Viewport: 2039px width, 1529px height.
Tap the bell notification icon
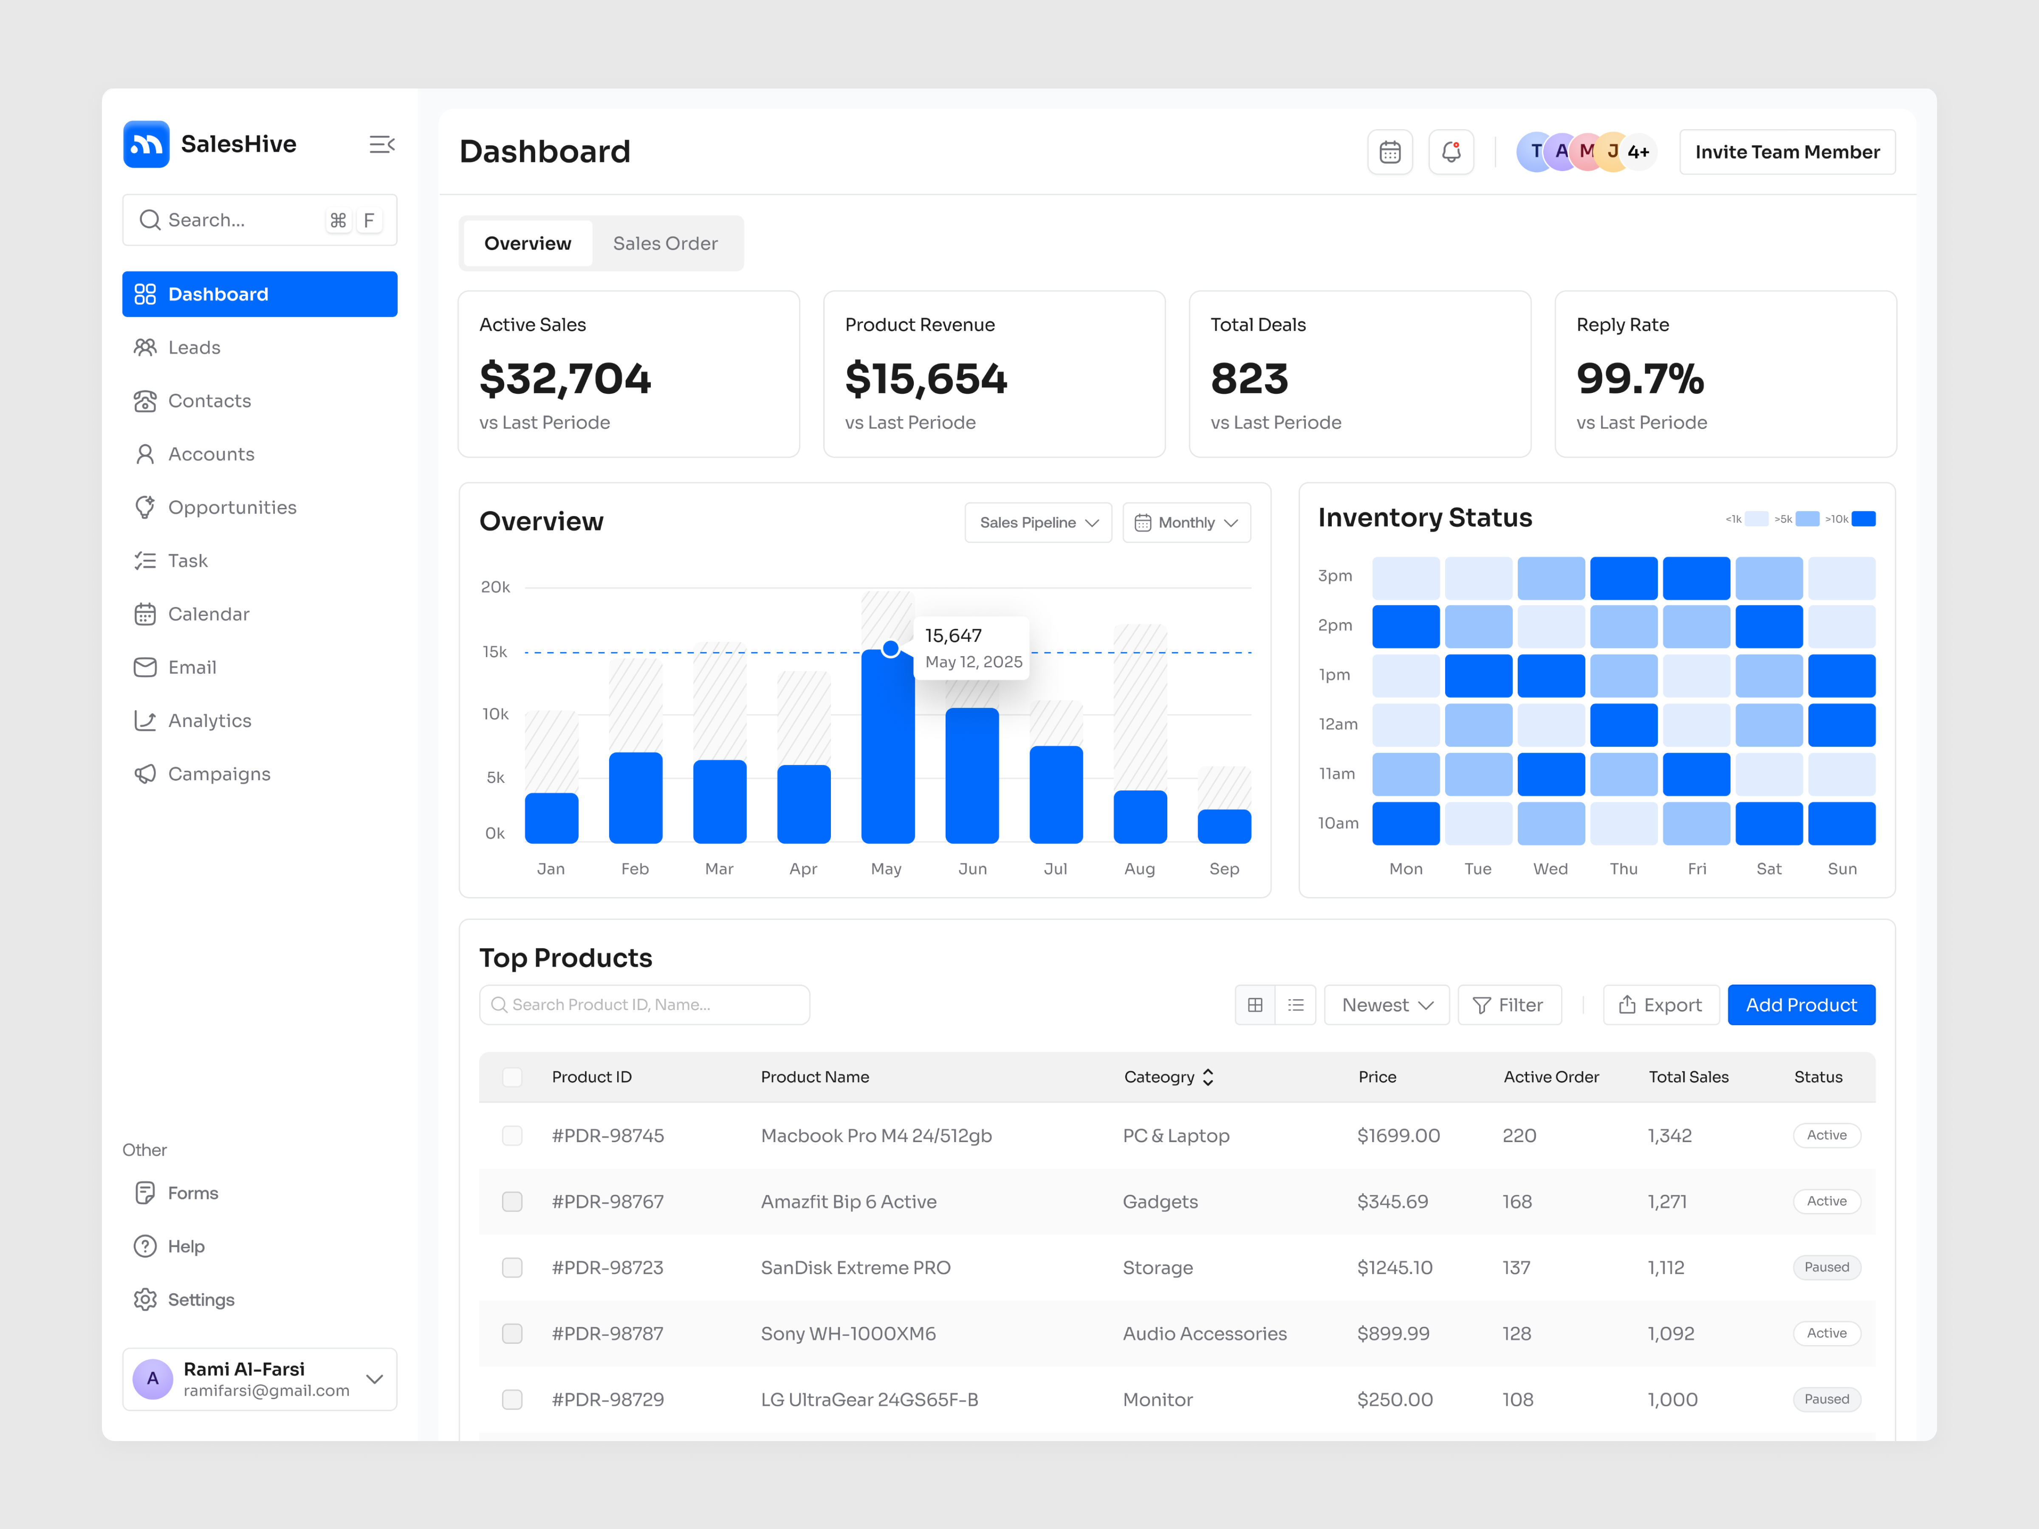coord(1451,152)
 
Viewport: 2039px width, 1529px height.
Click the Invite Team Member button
coord(1786,152)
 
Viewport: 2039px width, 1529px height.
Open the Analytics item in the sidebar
coord(209,721)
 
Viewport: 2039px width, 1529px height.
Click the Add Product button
coord(1800,1004)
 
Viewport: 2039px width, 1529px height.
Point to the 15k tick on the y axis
coord(495,652)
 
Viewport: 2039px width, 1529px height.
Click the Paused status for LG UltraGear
coord(1826,1399)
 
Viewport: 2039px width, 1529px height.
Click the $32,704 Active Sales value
coord(565,379)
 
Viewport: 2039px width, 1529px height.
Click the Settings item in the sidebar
coord(201,1300)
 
